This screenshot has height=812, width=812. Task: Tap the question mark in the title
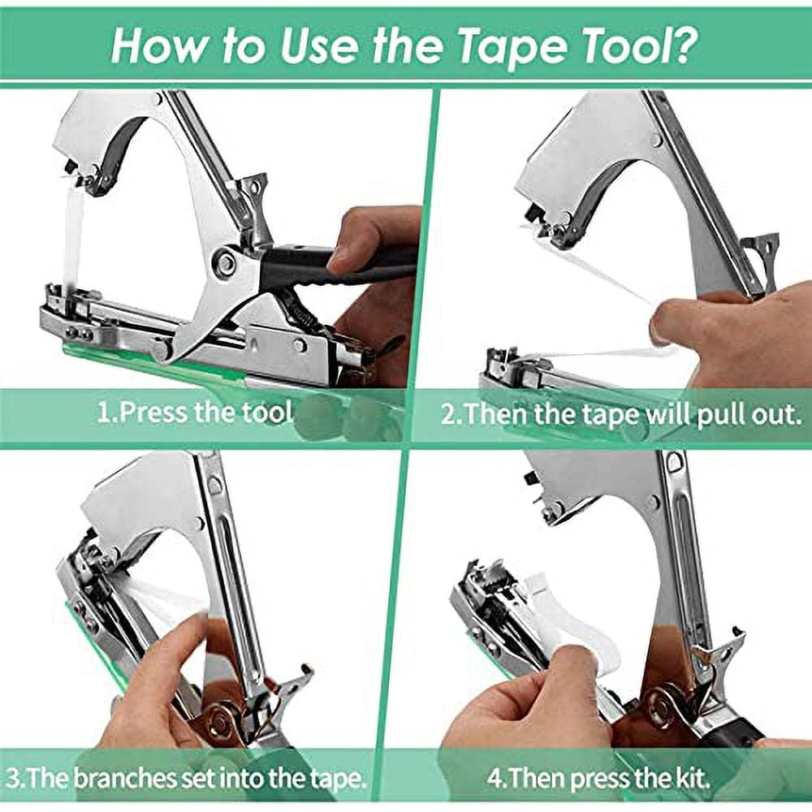tap(684, 47)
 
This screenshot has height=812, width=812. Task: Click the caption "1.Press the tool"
tap(194, 412)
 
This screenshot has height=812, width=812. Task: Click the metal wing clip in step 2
tap(759, 252)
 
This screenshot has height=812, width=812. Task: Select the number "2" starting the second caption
tap(449, 414)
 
